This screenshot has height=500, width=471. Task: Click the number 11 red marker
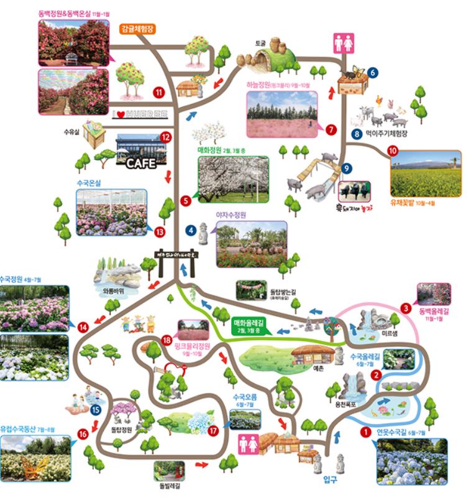point(159,93)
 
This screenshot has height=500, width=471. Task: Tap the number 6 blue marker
point(372,72)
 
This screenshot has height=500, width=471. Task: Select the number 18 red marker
point(167,340)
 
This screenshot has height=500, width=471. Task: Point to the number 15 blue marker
point(96,410)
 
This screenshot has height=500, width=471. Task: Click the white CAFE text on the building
point(141,164)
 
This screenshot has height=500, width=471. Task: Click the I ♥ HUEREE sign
point(144,114)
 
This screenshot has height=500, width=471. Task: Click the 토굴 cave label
point(259,44)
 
